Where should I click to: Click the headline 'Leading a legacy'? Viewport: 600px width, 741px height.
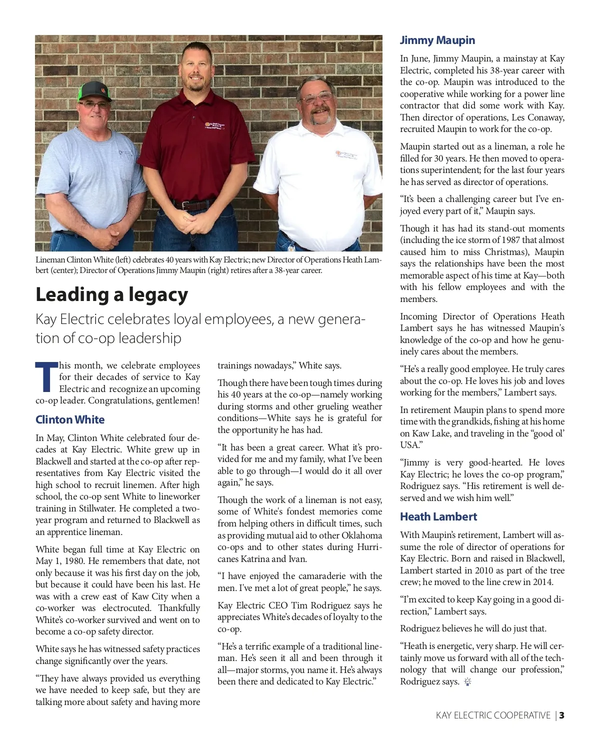[111, 294]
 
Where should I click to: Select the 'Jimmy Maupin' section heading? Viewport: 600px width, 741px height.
[437, 40]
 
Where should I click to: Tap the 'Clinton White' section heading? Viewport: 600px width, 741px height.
[70, 419]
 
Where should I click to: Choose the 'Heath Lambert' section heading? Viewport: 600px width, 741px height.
[438, 516]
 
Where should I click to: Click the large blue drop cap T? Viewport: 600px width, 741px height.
[46, 377]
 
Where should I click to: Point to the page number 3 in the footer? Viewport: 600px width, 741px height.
[562, 715]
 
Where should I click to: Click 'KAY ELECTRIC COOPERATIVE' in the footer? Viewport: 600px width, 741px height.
[493, 715]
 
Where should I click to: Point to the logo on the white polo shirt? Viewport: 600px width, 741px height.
[346, 155]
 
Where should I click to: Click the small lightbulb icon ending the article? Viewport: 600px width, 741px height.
[467, 681]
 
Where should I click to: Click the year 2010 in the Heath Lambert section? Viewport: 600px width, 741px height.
[483, 570]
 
